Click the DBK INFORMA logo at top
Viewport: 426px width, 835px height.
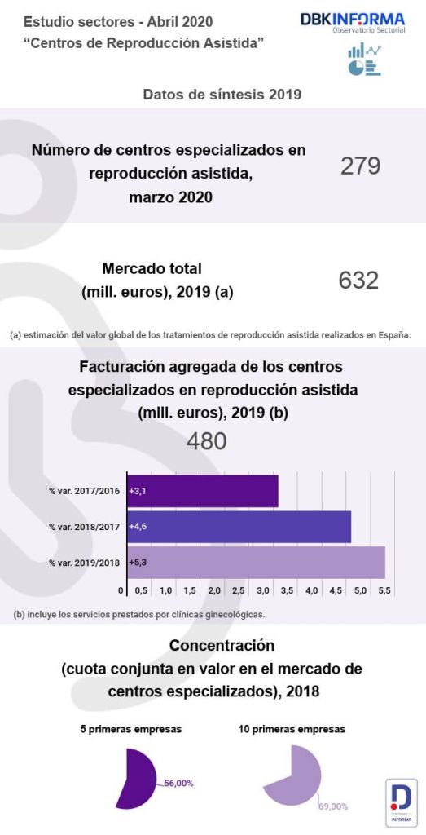[352, 22]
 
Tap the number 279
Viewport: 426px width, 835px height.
[359, 166]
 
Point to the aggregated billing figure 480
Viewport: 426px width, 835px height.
[206, 441]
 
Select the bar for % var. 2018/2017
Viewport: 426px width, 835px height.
[239, 527]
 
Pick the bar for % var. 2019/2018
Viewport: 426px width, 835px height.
[255, 563]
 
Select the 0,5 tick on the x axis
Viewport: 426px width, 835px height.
[141, 590]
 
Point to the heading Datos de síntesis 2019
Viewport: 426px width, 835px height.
[222, 95]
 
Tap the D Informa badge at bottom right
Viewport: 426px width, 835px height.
[401, 801]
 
